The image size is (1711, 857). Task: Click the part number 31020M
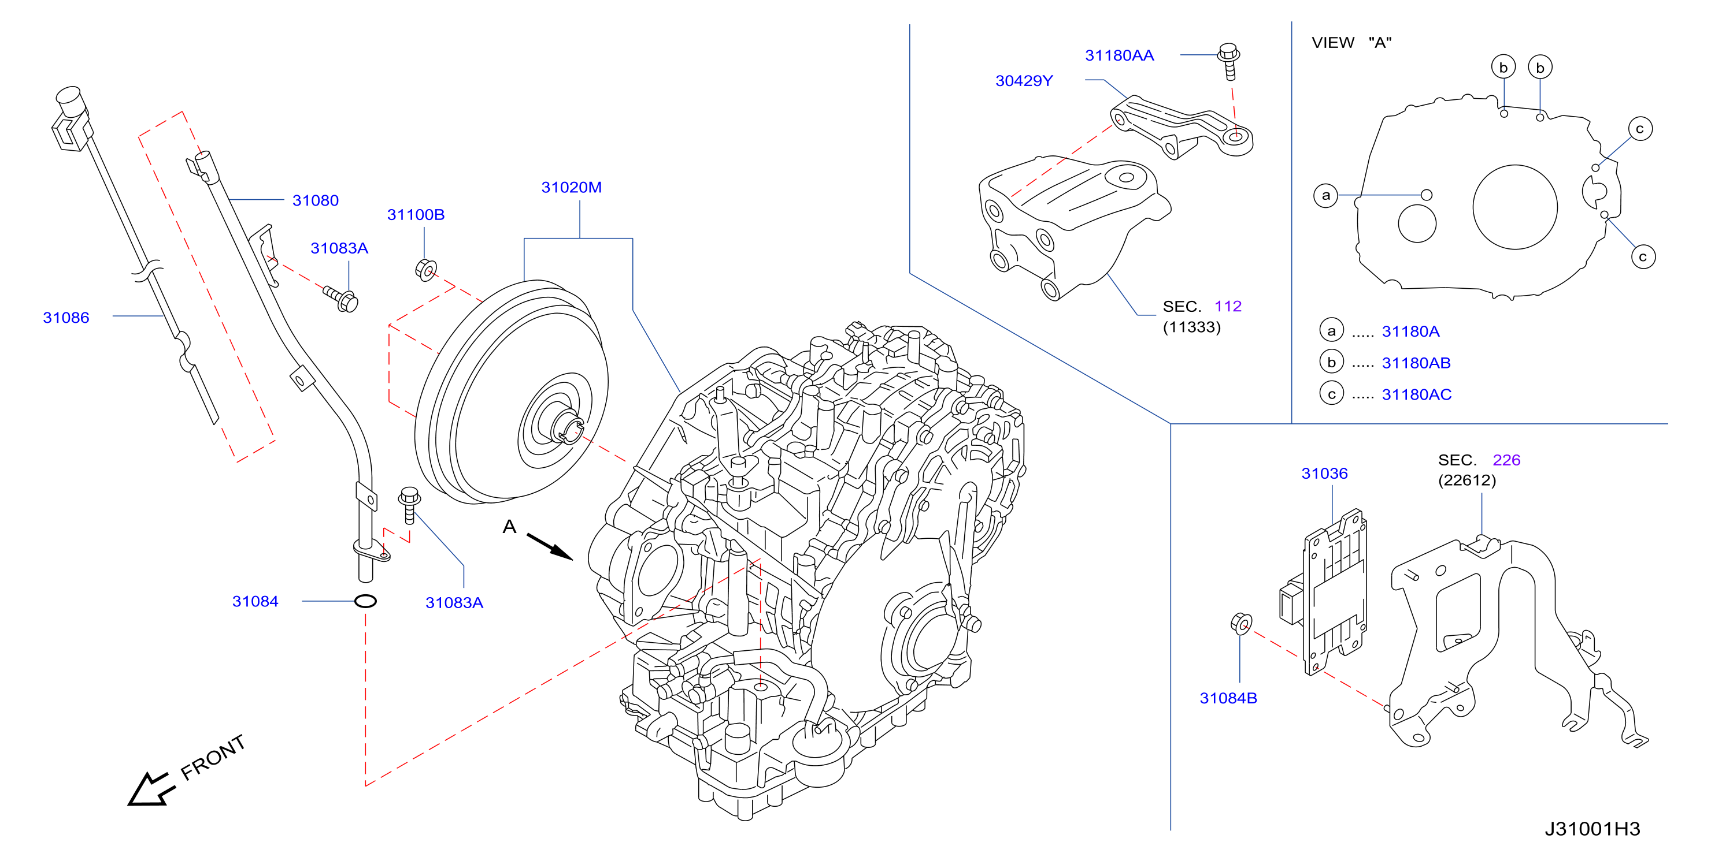(x=571, y=187)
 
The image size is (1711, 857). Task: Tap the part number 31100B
(x=416, y=214)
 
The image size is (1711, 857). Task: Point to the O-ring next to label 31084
(x=365, y=601)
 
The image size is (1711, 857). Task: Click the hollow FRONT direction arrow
(x=151, y=789)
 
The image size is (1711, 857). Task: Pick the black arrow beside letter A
(x=549, y=546)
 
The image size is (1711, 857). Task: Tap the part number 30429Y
(x=1024, y=81)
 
